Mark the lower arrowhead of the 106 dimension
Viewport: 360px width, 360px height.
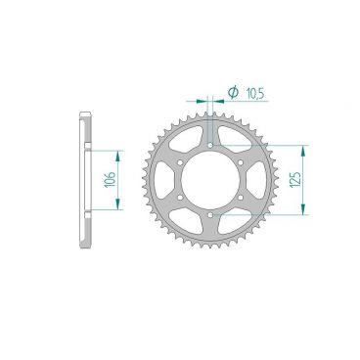118,203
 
